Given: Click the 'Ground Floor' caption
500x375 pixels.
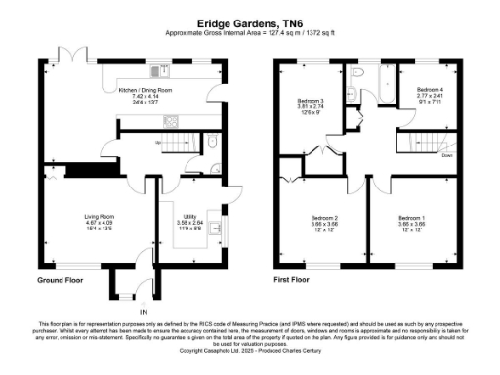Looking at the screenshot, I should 59,280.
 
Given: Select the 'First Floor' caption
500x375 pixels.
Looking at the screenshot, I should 297,280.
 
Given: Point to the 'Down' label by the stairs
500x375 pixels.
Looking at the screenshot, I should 446,154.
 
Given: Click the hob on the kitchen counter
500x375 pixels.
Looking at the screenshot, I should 170,121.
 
